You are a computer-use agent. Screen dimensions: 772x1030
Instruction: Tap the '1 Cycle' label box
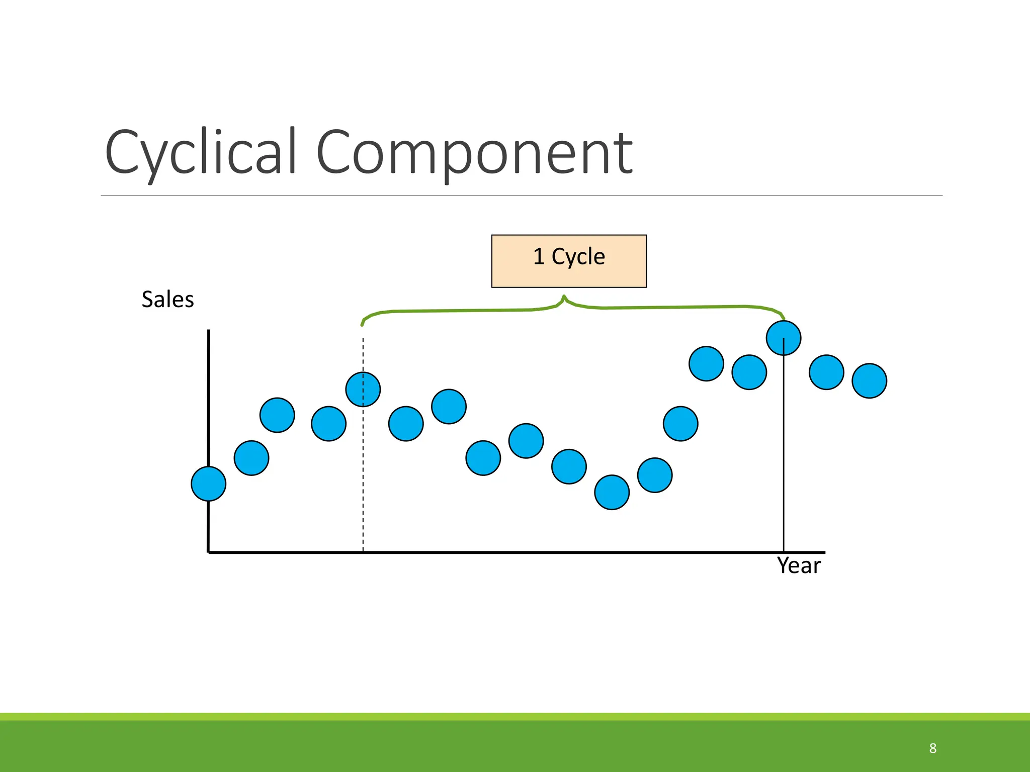coord(569,261)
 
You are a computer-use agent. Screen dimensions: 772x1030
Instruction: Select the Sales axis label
coord(167,300)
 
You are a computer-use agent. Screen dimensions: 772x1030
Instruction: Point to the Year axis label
coord(799,566)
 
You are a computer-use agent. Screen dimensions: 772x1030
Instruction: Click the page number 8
coord(932,748)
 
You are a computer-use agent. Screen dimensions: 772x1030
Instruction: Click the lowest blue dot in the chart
coord(612,493)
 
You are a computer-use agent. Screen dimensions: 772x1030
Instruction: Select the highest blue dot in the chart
coord(784,338)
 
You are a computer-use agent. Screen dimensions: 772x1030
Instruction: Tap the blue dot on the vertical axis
coord(209,484)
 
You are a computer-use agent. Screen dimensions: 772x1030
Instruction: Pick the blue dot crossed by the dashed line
coord(363,390)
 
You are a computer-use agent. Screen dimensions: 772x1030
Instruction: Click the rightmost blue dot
coord(869,381)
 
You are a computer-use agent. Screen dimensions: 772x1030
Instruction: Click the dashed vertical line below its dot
coord(363,477)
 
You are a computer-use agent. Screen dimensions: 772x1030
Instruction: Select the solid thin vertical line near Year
coord(784,452)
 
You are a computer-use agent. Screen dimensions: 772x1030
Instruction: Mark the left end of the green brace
coord(362,324)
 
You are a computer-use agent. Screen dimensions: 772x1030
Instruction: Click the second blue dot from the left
coord(251,458)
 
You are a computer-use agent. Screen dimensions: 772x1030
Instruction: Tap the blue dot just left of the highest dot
coord(749,372)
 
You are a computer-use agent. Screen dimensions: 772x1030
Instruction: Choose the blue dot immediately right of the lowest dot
coord(655,475)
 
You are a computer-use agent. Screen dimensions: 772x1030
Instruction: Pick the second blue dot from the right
coord(826,372)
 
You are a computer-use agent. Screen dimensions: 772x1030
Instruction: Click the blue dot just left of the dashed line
coord(329,424)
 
